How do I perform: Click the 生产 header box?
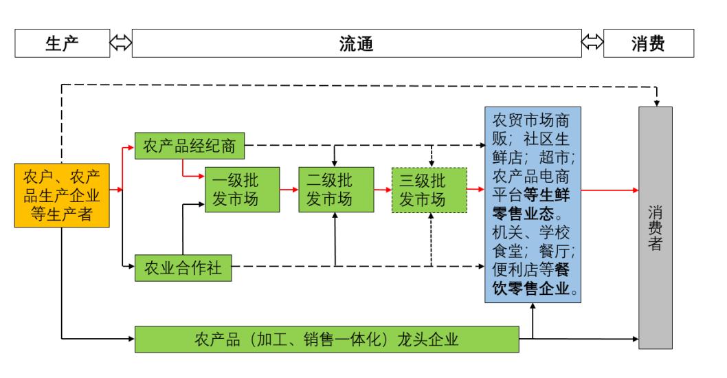tap(63, 44)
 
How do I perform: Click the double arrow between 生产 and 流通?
tap(120, 44)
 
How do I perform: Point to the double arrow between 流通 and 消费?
tap(592, 44)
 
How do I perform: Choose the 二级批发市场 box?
tap(335, 190)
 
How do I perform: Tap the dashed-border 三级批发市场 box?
tap(429, 190)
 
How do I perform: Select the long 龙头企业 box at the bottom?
tap(326, 339)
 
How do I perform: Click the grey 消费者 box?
tap(655, 229)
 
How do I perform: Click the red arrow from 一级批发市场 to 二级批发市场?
tap(289, 189)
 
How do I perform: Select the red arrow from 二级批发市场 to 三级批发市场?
tap(383, 189)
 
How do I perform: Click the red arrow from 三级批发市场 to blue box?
tap(476, 189)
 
